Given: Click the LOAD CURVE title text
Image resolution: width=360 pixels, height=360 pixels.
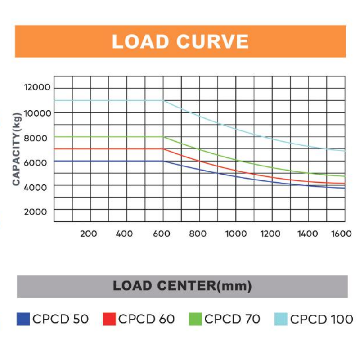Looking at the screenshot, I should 180,41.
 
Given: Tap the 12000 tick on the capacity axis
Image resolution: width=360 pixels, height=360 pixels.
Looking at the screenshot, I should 38,87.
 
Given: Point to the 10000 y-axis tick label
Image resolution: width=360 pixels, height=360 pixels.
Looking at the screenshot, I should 38,112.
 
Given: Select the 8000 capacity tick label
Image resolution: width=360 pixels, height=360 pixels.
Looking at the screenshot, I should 38,138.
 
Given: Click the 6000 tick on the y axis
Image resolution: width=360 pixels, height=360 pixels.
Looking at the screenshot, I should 38,162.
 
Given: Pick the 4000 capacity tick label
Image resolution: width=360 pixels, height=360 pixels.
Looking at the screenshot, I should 38,186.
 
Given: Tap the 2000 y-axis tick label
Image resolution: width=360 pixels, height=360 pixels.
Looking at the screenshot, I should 38,211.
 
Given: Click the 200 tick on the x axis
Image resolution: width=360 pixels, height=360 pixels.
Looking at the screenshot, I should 89,234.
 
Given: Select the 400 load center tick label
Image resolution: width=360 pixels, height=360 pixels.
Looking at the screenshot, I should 124,234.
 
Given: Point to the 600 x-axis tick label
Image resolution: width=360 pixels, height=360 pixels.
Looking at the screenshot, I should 161,234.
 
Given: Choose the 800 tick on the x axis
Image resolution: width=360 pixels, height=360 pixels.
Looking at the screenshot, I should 198,234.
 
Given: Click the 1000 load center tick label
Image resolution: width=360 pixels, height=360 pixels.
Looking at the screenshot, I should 236,234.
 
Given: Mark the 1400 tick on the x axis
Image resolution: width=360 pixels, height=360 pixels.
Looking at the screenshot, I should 308,234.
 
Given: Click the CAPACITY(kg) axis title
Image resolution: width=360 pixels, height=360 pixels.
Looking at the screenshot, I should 17,148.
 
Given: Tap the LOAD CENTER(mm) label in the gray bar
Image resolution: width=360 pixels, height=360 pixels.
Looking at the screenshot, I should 182,286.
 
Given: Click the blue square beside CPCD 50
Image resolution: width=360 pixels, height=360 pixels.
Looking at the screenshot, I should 23,319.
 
